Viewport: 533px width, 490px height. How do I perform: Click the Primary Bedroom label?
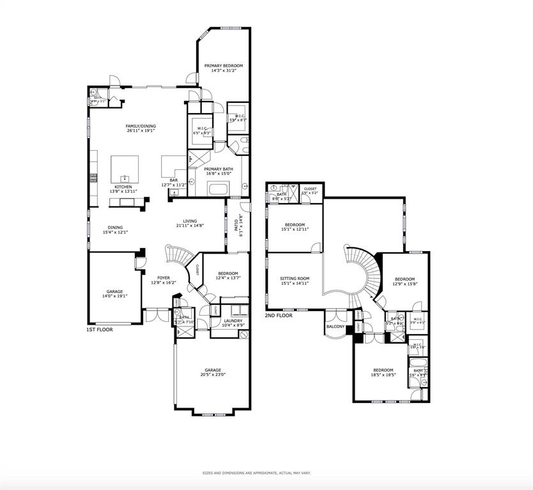223,66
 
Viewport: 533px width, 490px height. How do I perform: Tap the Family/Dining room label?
141,126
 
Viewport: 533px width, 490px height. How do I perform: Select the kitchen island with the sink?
125,170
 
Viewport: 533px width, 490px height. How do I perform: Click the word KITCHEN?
123,187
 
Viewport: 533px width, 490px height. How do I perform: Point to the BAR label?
174,181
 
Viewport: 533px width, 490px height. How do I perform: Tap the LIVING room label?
190,221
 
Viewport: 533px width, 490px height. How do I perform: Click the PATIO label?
236,224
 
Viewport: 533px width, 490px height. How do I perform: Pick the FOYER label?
164,278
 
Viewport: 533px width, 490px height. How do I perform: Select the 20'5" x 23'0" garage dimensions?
213,374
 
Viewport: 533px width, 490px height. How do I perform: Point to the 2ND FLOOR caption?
279,316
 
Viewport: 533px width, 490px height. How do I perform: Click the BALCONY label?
336,327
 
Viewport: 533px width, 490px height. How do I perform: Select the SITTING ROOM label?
295,279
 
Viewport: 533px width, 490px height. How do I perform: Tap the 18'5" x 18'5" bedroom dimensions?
384,375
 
